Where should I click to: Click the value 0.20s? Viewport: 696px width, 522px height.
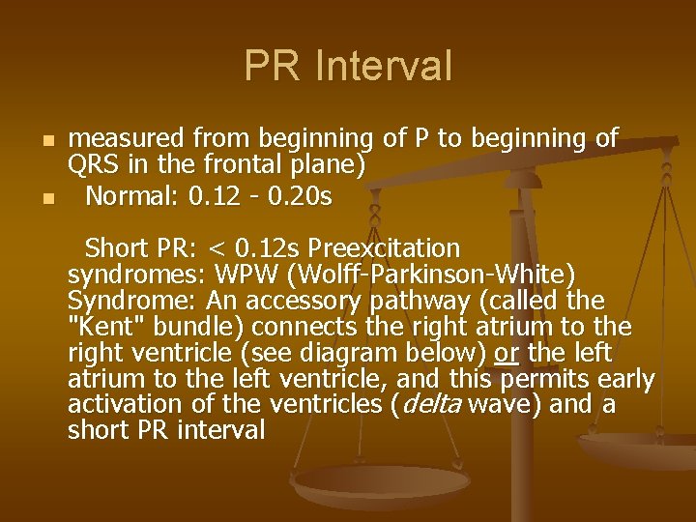[299, 197]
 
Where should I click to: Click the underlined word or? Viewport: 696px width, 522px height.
[506, 353]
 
